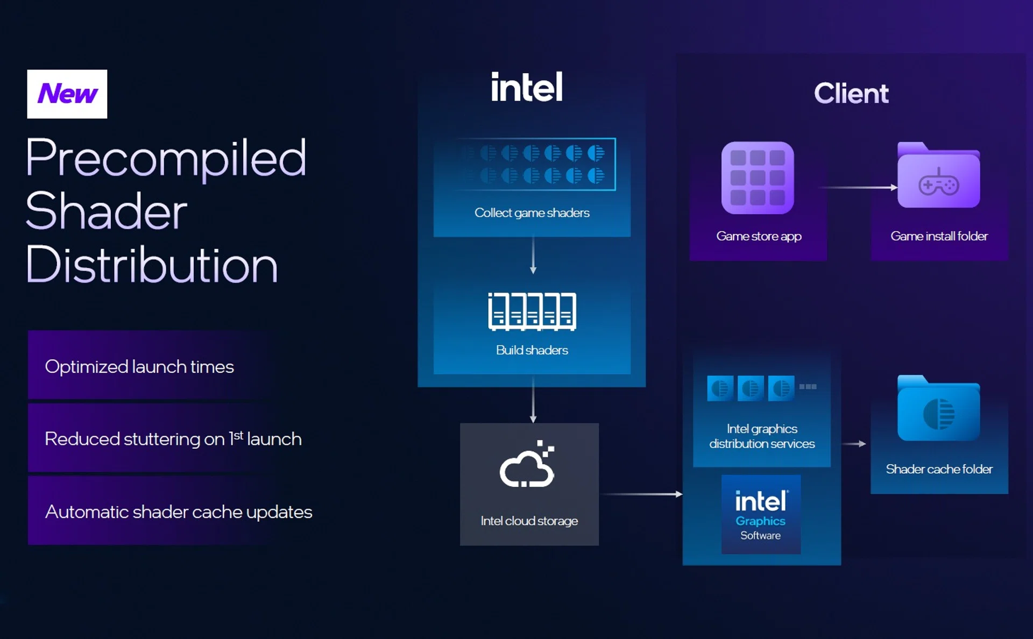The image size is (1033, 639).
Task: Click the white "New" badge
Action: [67, 94]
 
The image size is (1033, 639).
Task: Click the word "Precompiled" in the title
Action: [166, 158]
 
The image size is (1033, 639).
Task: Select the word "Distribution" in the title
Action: [152, 265]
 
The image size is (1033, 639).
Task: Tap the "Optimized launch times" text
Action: [139, 367]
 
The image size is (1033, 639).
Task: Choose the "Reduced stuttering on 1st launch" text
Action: [173, 439]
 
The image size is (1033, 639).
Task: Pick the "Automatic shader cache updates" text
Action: [179, 512]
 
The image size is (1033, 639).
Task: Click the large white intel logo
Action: [527, 88]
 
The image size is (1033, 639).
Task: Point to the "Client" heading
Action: [851, 94]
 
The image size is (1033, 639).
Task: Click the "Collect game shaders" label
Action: [532, 213]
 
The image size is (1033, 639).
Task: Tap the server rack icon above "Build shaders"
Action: [532, 311]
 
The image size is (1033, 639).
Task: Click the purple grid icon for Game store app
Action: [758, 178]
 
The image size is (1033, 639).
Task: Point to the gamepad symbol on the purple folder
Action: [938, 184]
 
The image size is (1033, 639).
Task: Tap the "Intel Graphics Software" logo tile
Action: [761, 514]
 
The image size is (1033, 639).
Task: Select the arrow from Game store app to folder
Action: [858, 187]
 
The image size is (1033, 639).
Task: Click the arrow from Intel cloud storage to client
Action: [640, 494]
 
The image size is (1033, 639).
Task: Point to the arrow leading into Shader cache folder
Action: [853, 444]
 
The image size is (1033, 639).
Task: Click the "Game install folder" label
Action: [939, 236]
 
